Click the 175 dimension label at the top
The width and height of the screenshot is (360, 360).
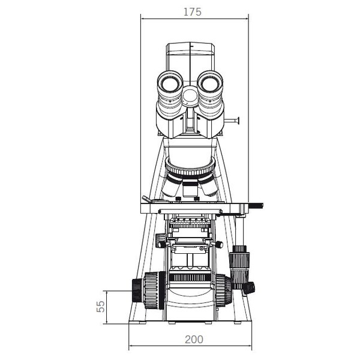[x=193, y=12]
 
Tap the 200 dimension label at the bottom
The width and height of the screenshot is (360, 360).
[x=194, y=340]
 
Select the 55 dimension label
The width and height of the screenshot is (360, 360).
[x=101, y=307]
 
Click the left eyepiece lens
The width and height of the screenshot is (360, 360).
[x=170, y=84]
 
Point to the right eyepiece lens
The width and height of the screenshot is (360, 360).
[x=211, y=84]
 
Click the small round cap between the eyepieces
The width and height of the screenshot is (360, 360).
[x=190, y=96]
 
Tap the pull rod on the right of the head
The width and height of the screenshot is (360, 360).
[x=232, y=121]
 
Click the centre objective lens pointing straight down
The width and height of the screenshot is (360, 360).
[x=190, y=188]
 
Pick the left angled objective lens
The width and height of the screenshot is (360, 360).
[x=172, y=185]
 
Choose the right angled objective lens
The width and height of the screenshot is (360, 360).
[x=208, y=185]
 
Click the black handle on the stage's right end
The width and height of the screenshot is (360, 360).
[x=256, y=205]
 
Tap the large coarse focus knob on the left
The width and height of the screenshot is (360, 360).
[x=154, y=290]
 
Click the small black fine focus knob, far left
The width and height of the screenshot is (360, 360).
[x=138, y=290]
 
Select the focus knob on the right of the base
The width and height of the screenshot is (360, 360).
[x=224, y=290]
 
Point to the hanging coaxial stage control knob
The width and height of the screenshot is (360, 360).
[x=239, y=266]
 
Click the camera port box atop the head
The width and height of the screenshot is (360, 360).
[x=190, y=56]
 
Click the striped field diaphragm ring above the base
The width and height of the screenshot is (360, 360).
[x=190, y=277]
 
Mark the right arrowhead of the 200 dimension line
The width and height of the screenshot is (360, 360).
[x=251, y=346]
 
